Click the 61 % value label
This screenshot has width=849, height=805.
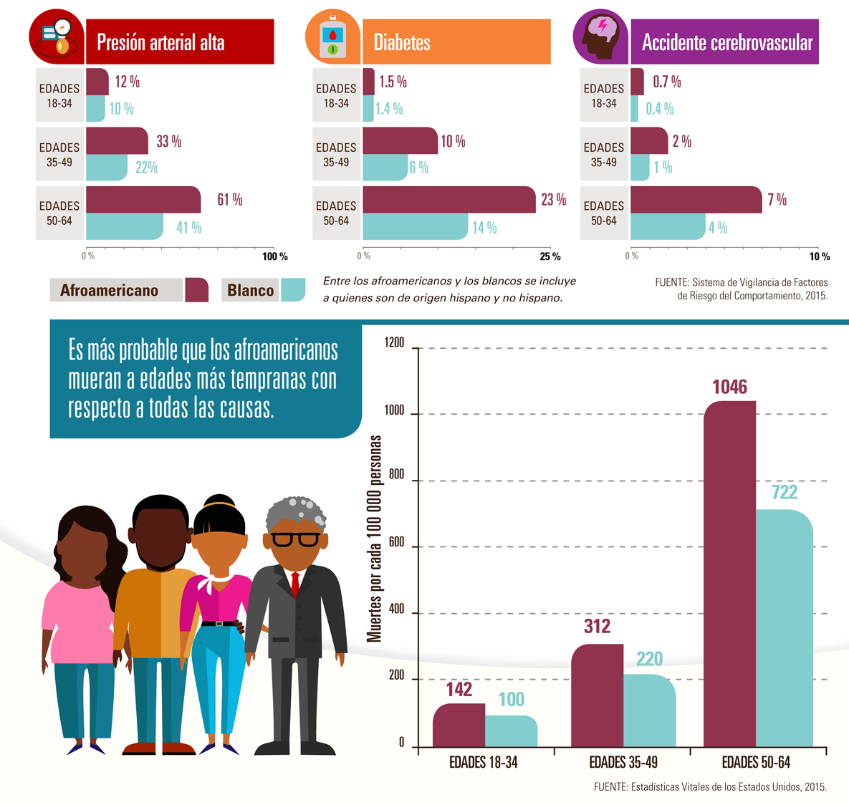click(x=230, y=200)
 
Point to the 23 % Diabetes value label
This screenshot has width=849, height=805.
click(x=553, y=200)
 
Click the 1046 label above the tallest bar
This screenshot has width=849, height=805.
click(x=729, y=387)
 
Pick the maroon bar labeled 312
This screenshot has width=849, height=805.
click(x=597, y=695)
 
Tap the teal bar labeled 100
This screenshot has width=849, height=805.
click(x=511, y=731)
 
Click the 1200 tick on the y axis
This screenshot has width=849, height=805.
click(x=394, y=343)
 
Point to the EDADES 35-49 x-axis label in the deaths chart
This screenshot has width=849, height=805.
click(x=623, y=762)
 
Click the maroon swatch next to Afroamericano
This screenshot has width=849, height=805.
click(x=196, y=290)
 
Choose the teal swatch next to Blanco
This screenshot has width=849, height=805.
click(x=293, y=290)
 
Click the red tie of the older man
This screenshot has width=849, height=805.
click(x=294, y=584)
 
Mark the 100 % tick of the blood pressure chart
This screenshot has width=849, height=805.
click(x=274, y=256)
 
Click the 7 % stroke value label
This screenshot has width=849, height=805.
click(x=777, y=200)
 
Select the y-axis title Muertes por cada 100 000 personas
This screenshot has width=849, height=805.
click(x=373, y=539)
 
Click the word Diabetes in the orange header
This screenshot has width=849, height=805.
click(x=402, y=42)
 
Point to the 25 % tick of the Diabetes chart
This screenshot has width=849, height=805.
click(x=550, y=256)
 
